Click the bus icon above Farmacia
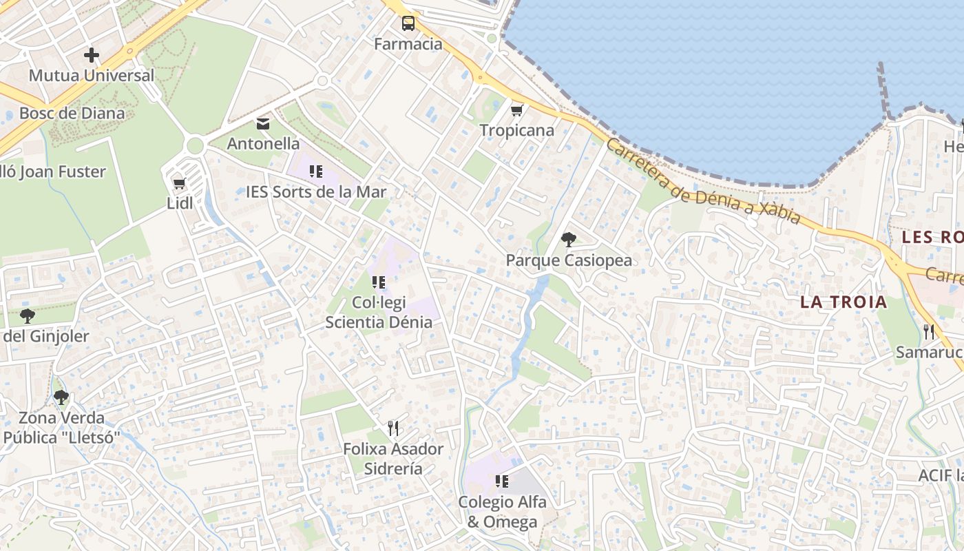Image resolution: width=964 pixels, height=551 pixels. (408, 23)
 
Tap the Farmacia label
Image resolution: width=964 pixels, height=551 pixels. (408, 44)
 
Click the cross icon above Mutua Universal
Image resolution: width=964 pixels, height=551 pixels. (91, 55)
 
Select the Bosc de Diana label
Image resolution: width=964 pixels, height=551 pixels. (72, 113)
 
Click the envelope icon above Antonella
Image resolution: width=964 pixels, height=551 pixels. (263, 124)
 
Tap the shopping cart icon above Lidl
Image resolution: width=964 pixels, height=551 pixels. (180, 183)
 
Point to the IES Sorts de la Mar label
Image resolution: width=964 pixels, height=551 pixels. (316, 191)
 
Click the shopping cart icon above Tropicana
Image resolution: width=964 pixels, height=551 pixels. (517, 110)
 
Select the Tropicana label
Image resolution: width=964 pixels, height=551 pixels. (516, 130)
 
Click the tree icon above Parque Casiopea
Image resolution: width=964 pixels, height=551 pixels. (569, 240)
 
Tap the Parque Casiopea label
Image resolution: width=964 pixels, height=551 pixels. (569, 260)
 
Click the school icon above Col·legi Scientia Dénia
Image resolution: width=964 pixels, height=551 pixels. (378, 282)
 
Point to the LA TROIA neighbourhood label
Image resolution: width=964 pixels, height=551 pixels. (843, 302)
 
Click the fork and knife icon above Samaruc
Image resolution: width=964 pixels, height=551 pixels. (929, 332)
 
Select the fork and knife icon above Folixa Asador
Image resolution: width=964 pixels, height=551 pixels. (393, 428)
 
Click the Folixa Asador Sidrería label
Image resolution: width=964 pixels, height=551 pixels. (393, 459)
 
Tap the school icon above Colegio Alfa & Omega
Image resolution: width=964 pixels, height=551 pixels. (502, 481)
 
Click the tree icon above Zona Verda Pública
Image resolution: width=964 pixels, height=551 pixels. (61, 397)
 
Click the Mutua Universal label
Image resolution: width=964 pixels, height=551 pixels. (92, 76)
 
